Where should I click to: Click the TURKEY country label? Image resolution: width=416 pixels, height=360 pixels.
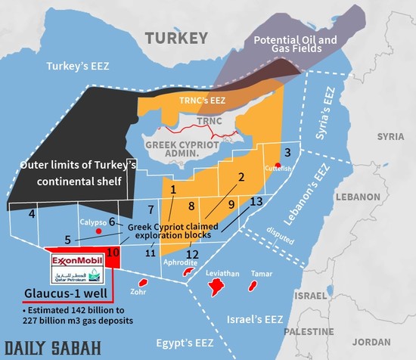click(x=175, y=38)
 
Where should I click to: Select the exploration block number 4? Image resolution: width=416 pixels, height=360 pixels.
click(x=31, y=214)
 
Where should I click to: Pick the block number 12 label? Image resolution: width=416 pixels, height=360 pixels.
click(x=192, y=254)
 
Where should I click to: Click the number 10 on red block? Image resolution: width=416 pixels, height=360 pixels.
click(x=113, y=252)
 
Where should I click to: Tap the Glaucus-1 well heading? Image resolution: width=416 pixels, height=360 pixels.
click(x=57, y=295)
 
